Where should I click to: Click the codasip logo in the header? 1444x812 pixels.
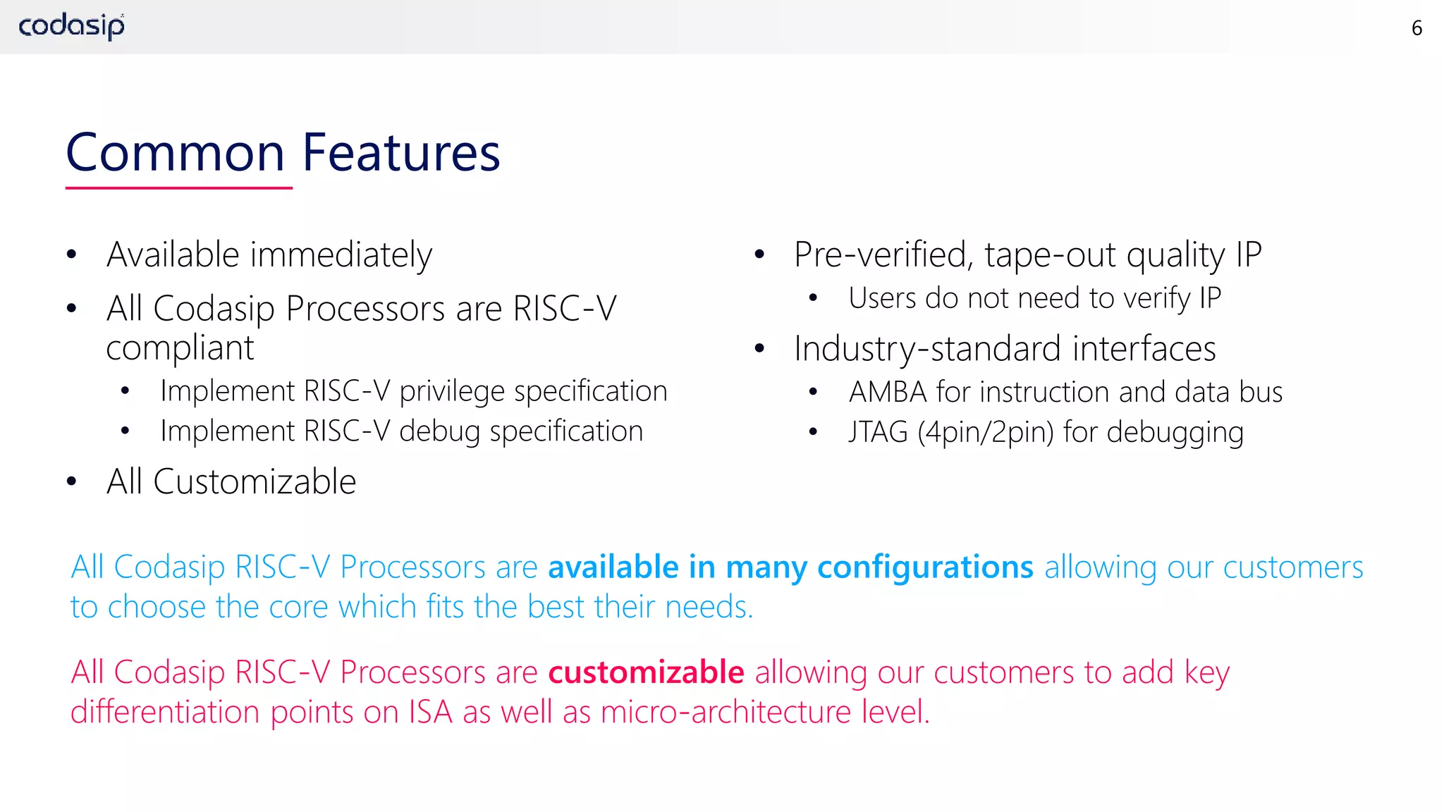(x=71, y=27)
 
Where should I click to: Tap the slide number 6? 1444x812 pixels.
(x=1417, y=28)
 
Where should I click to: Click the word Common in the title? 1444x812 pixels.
(x=176, y=153)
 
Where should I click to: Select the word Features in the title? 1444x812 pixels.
(x=401, y=153)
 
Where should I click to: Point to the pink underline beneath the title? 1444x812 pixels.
(x=178, y=188)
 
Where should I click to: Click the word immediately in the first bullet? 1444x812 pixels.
(x=341, y=255)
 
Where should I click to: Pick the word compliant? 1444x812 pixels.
(x=180, y=348)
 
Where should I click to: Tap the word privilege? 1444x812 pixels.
(x=452, y=392)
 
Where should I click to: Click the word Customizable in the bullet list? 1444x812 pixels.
(x=255, y=482)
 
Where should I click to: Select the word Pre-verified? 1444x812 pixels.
(x=883, y=255)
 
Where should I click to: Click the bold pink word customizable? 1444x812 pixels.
(x=646, y=672)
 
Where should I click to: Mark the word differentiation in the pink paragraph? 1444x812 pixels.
(x=166, y=712)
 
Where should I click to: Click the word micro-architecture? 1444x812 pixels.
(x=726, y=712)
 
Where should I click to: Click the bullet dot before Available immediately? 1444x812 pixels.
(x=71, y=255)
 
